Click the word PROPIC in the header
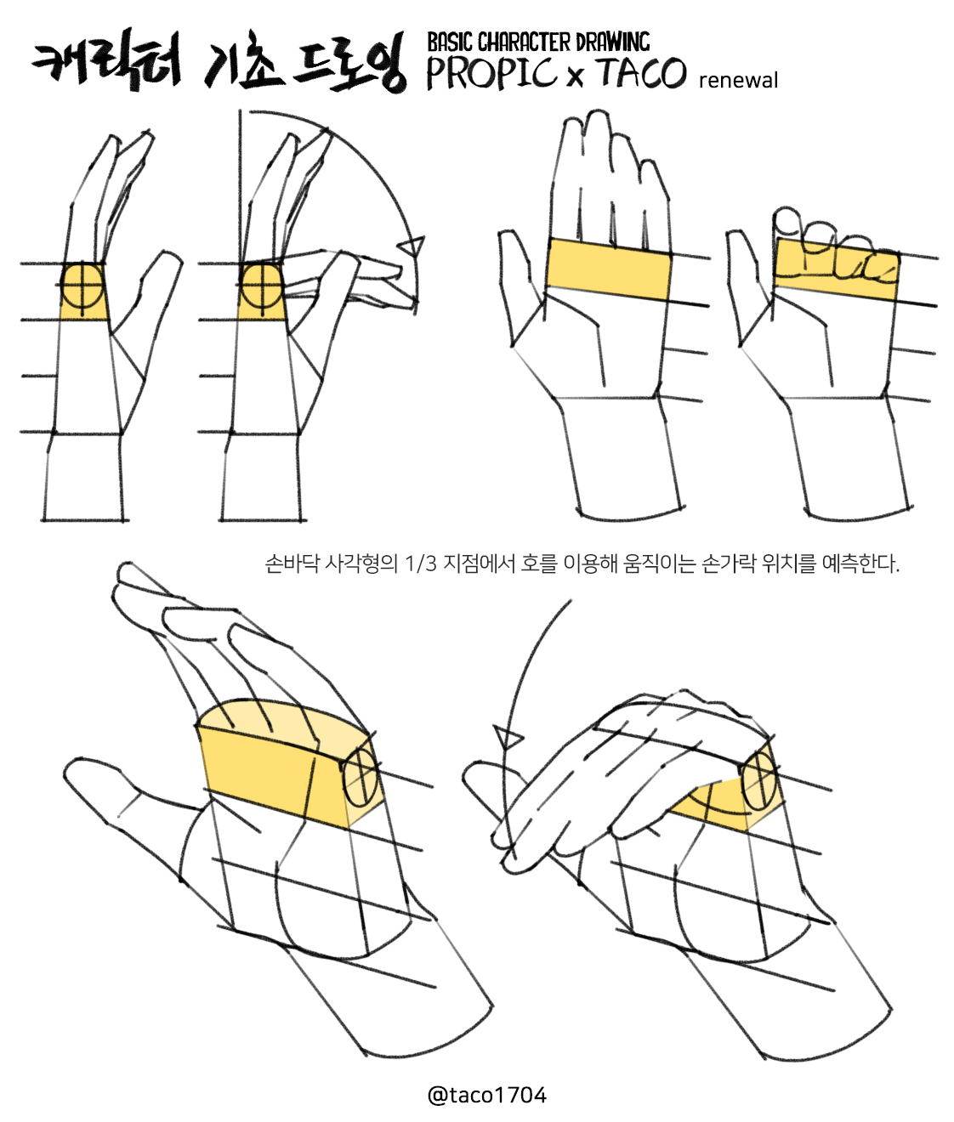click(x=491, y=73)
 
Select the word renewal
click(x=738, y=81)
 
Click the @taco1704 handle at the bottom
click(x=487, y=1095)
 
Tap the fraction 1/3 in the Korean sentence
click(x=421, y=564)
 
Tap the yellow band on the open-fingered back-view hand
click(x=609, y=269)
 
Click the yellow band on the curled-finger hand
click(x=837, y=269)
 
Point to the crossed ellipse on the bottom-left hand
click(x=360, y=779)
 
